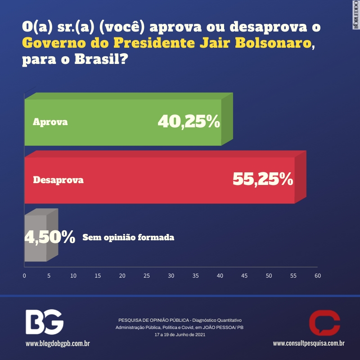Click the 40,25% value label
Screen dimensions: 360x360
(189, 121)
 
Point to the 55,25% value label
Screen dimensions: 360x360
(263, 180)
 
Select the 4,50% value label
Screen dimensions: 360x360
(49, 237)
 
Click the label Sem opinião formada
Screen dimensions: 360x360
(128, 237)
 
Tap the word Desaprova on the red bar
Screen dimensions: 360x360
(58, 180)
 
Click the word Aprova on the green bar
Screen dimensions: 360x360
(50, 122)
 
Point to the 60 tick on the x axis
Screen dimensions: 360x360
(318, 275)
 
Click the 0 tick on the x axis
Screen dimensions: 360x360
(24, 275)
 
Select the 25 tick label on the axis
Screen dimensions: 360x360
(147, 275)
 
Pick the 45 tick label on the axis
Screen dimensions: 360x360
(244, 275)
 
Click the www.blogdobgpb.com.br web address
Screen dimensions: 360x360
(58, 344)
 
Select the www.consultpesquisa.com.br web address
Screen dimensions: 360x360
(309, 344)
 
